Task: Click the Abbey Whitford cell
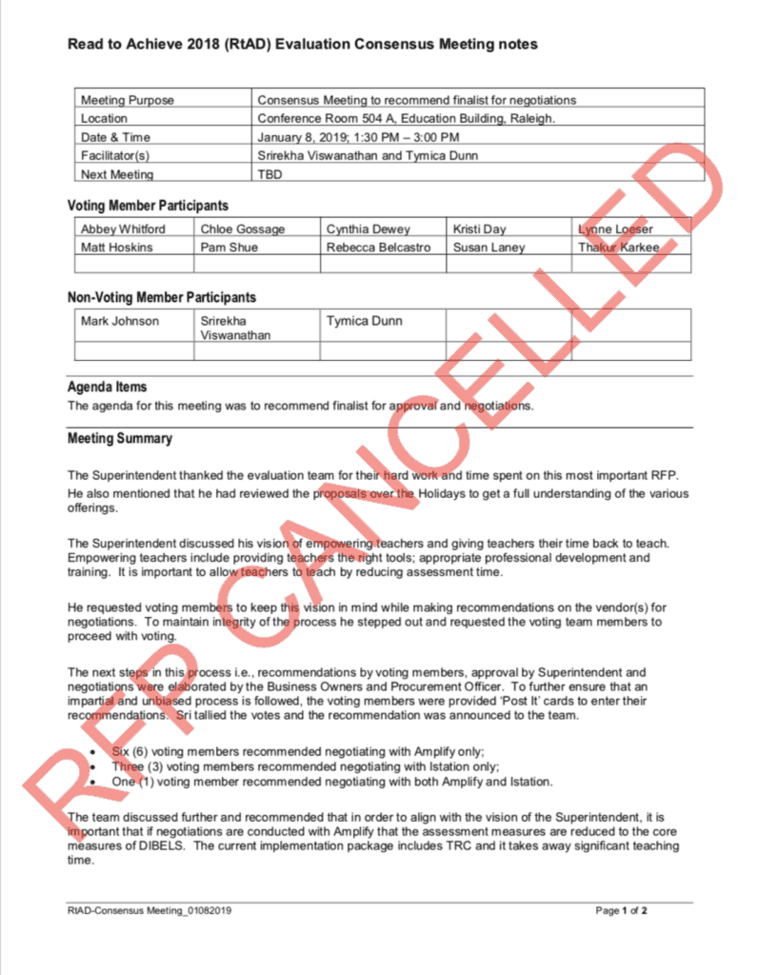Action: pyautogui.click(x=123, y=229)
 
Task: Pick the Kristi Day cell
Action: pyautogui.click(x=480, y=229)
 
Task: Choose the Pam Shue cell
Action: pyautogui.click(x=229, y=248)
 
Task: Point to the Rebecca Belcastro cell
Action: pyautogui.click(x=378, y=248)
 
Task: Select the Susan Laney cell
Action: pyautogui.click(x=488, y=248)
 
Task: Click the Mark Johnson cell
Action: pyautogui.click(x=120, y=321)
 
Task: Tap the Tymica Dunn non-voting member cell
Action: pyautogui.click(x=364, y=321)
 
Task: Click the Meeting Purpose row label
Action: pyautogui.click(x=128, y=100)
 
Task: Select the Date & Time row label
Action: pyautogui.click(x=115, y=137)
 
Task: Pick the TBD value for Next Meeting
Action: pyautogui.click(x=269, y=174)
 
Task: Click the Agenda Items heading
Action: pyautogui.click(x=107, y=388)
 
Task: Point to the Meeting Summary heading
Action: pyautogui.click(x=120, y=439)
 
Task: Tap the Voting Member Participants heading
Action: pyautogui.click(x=148, y=206)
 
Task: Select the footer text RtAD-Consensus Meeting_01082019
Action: pyautogui.click(x=149, y=911)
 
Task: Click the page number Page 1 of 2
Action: pyautogui.click(x=621, y=911)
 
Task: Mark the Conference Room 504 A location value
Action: pyautogui.click(x=406, y=119)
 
